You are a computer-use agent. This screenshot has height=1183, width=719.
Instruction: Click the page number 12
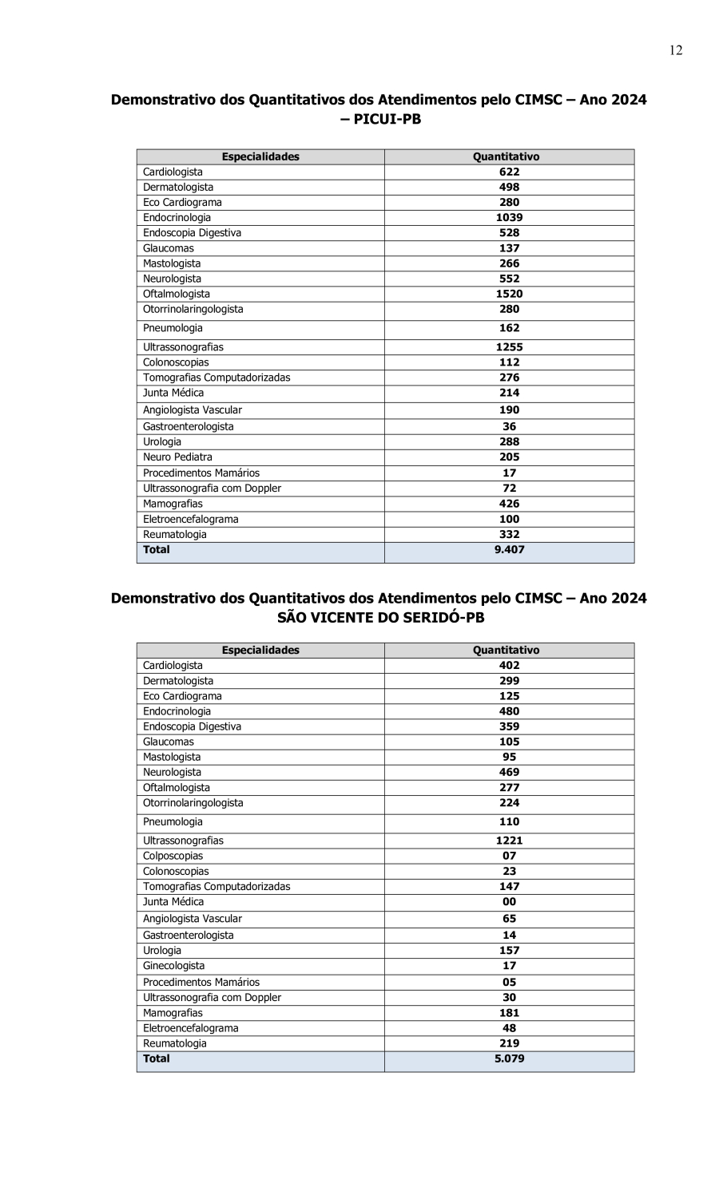click(676, 51)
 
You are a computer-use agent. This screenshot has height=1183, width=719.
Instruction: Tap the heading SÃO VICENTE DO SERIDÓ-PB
click(380, 617)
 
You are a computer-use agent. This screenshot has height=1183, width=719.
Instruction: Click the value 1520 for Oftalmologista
click(509, 294)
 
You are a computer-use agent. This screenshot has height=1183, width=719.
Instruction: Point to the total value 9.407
click(509, 549)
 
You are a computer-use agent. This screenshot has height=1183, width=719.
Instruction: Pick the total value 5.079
click(509, 1058)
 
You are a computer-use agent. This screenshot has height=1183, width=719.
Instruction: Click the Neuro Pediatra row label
click(177, 457)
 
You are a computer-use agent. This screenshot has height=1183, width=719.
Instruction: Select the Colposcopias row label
click(173, 856)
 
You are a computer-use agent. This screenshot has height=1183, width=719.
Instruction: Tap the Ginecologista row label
click(173, 965)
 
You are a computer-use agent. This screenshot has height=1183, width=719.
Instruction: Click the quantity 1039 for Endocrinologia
click(509, 217)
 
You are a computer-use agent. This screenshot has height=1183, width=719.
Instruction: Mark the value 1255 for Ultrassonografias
click(509, 347)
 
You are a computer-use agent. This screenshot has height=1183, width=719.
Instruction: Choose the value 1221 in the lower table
click(509, 841)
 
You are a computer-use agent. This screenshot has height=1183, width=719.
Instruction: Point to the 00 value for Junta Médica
click(509, 901)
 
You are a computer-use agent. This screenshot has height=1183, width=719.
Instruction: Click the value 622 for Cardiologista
click(509, 172)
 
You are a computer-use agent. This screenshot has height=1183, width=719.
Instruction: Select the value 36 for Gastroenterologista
click(509, 426)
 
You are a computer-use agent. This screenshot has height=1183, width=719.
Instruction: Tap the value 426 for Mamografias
click(509, 504)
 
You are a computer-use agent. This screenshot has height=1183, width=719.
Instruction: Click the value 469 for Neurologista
click(509, 772)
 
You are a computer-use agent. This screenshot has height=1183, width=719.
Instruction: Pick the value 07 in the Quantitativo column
click(509, 856)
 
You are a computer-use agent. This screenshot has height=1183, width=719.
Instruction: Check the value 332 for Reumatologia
click(509, 534)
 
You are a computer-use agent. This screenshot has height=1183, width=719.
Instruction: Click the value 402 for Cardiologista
click(509, 665)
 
